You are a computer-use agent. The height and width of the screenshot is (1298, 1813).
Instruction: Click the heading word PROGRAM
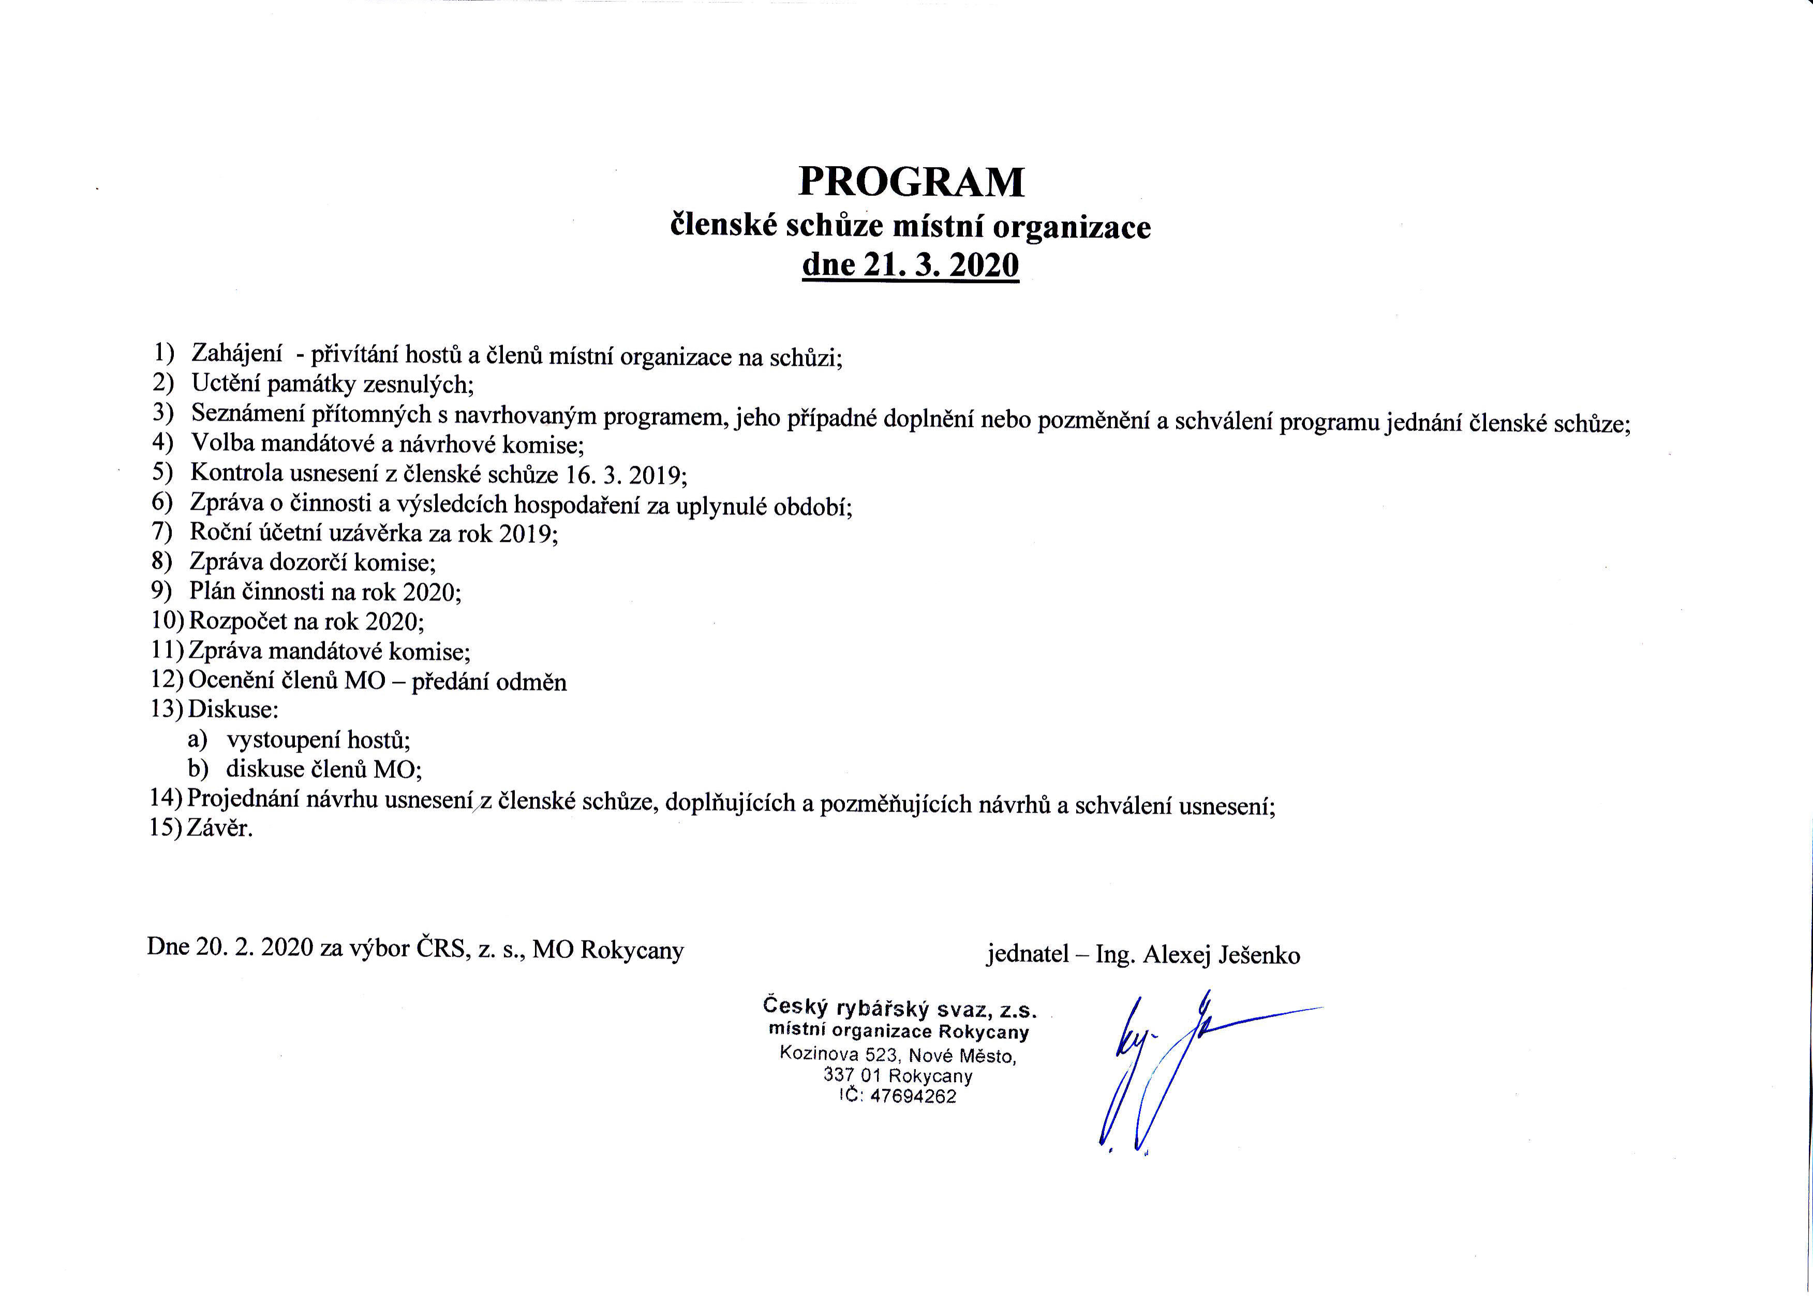coord(911,182)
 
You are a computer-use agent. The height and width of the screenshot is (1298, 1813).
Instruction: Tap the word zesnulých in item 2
coord(418,385)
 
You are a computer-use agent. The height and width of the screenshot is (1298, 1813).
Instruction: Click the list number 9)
coord(162,592)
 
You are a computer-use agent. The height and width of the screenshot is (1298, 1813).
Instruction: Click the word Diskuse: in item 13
coord(233,709)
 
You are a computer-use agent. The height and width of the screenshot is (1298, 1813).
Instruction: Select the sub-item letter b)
coord(197,769)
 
